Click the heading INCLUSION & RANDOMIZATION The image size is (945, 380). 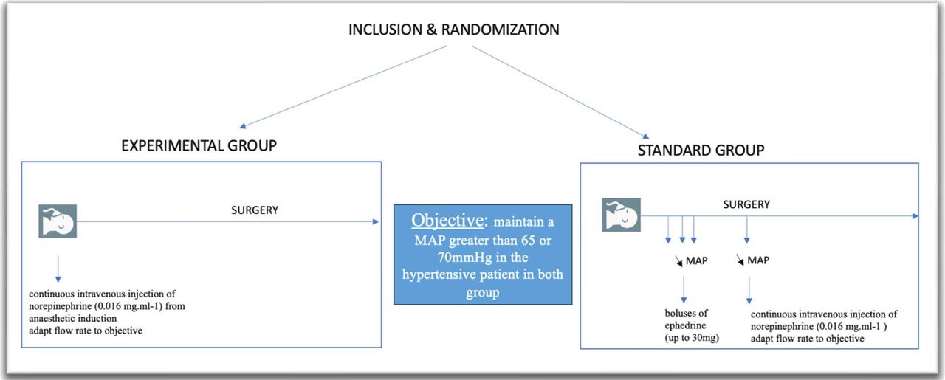tap(453, 30)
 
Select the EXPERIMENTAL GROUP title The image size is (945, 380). tap(199, 145)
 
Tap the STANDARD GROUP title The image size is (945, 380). tap(701, 150)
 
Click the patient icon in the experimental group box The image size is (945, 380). tap(58, 221)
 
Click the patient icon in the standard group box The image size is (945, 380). tap(621, 215)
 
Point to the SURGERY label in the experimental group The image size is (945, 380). tap(255, 210)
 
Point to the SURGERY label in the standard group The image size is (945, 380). tap(746, 204)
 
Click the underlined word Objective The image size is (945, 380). tap(447, 221)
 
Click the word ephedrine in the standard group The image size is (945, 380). tap(685, 325)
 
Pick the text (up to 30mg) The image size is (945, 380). tap(692, 338)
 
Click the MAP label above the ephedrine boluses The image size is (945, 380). tap(696, 261)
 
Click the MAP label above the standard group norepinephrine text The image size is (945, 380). tap(758, 260)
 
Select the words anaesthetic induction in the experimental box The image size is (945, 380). tap(73, 319)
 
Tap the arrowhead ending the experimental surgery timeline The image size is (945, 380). tap(376, 221)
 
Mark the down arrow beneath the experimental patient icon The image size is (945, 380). tap(58, 269)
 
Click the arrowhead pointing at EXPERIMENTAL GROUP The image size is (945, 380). tap(243, 125)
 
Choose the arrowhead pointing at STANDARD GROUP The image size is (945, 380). tap(646, 136)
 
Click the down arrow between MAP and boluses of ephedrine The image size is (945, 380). tap(684, 290)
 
